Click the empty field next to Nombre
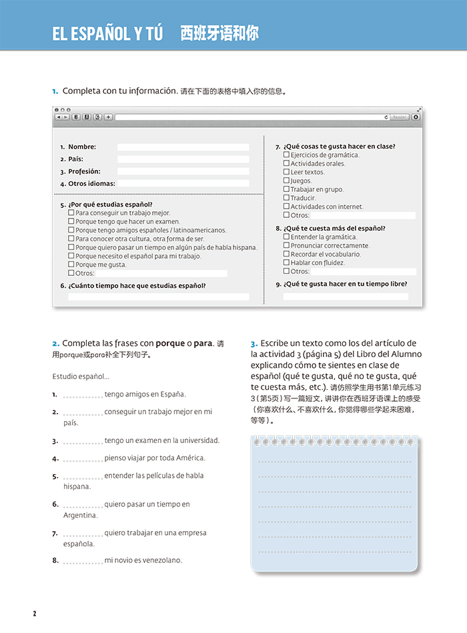click(183, 147)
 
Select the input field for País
click(183, 159)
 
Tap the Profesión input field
click(183, 171)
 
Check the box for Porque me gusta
click(71, 265)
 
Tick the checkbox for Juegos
click(286, 181)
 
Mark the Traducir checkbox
click(286, 198)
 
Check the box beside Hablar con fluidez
click(286, 263)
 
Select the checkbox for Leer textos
click(286, 172)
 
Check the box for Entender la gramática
click(286, 237)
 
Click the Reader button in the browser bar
click(400, 117)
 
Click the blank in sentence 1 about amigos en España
click(83, 395)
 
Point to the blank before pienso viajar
click(83, 458)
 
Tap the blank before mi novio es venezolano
click(83, 561)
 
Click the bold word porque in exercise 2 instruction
click(170, 344)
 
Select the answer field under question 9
click(346, 297)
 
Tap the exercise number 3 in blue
click(254, 344)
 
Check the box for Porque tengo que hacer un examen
click(71, 221)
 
